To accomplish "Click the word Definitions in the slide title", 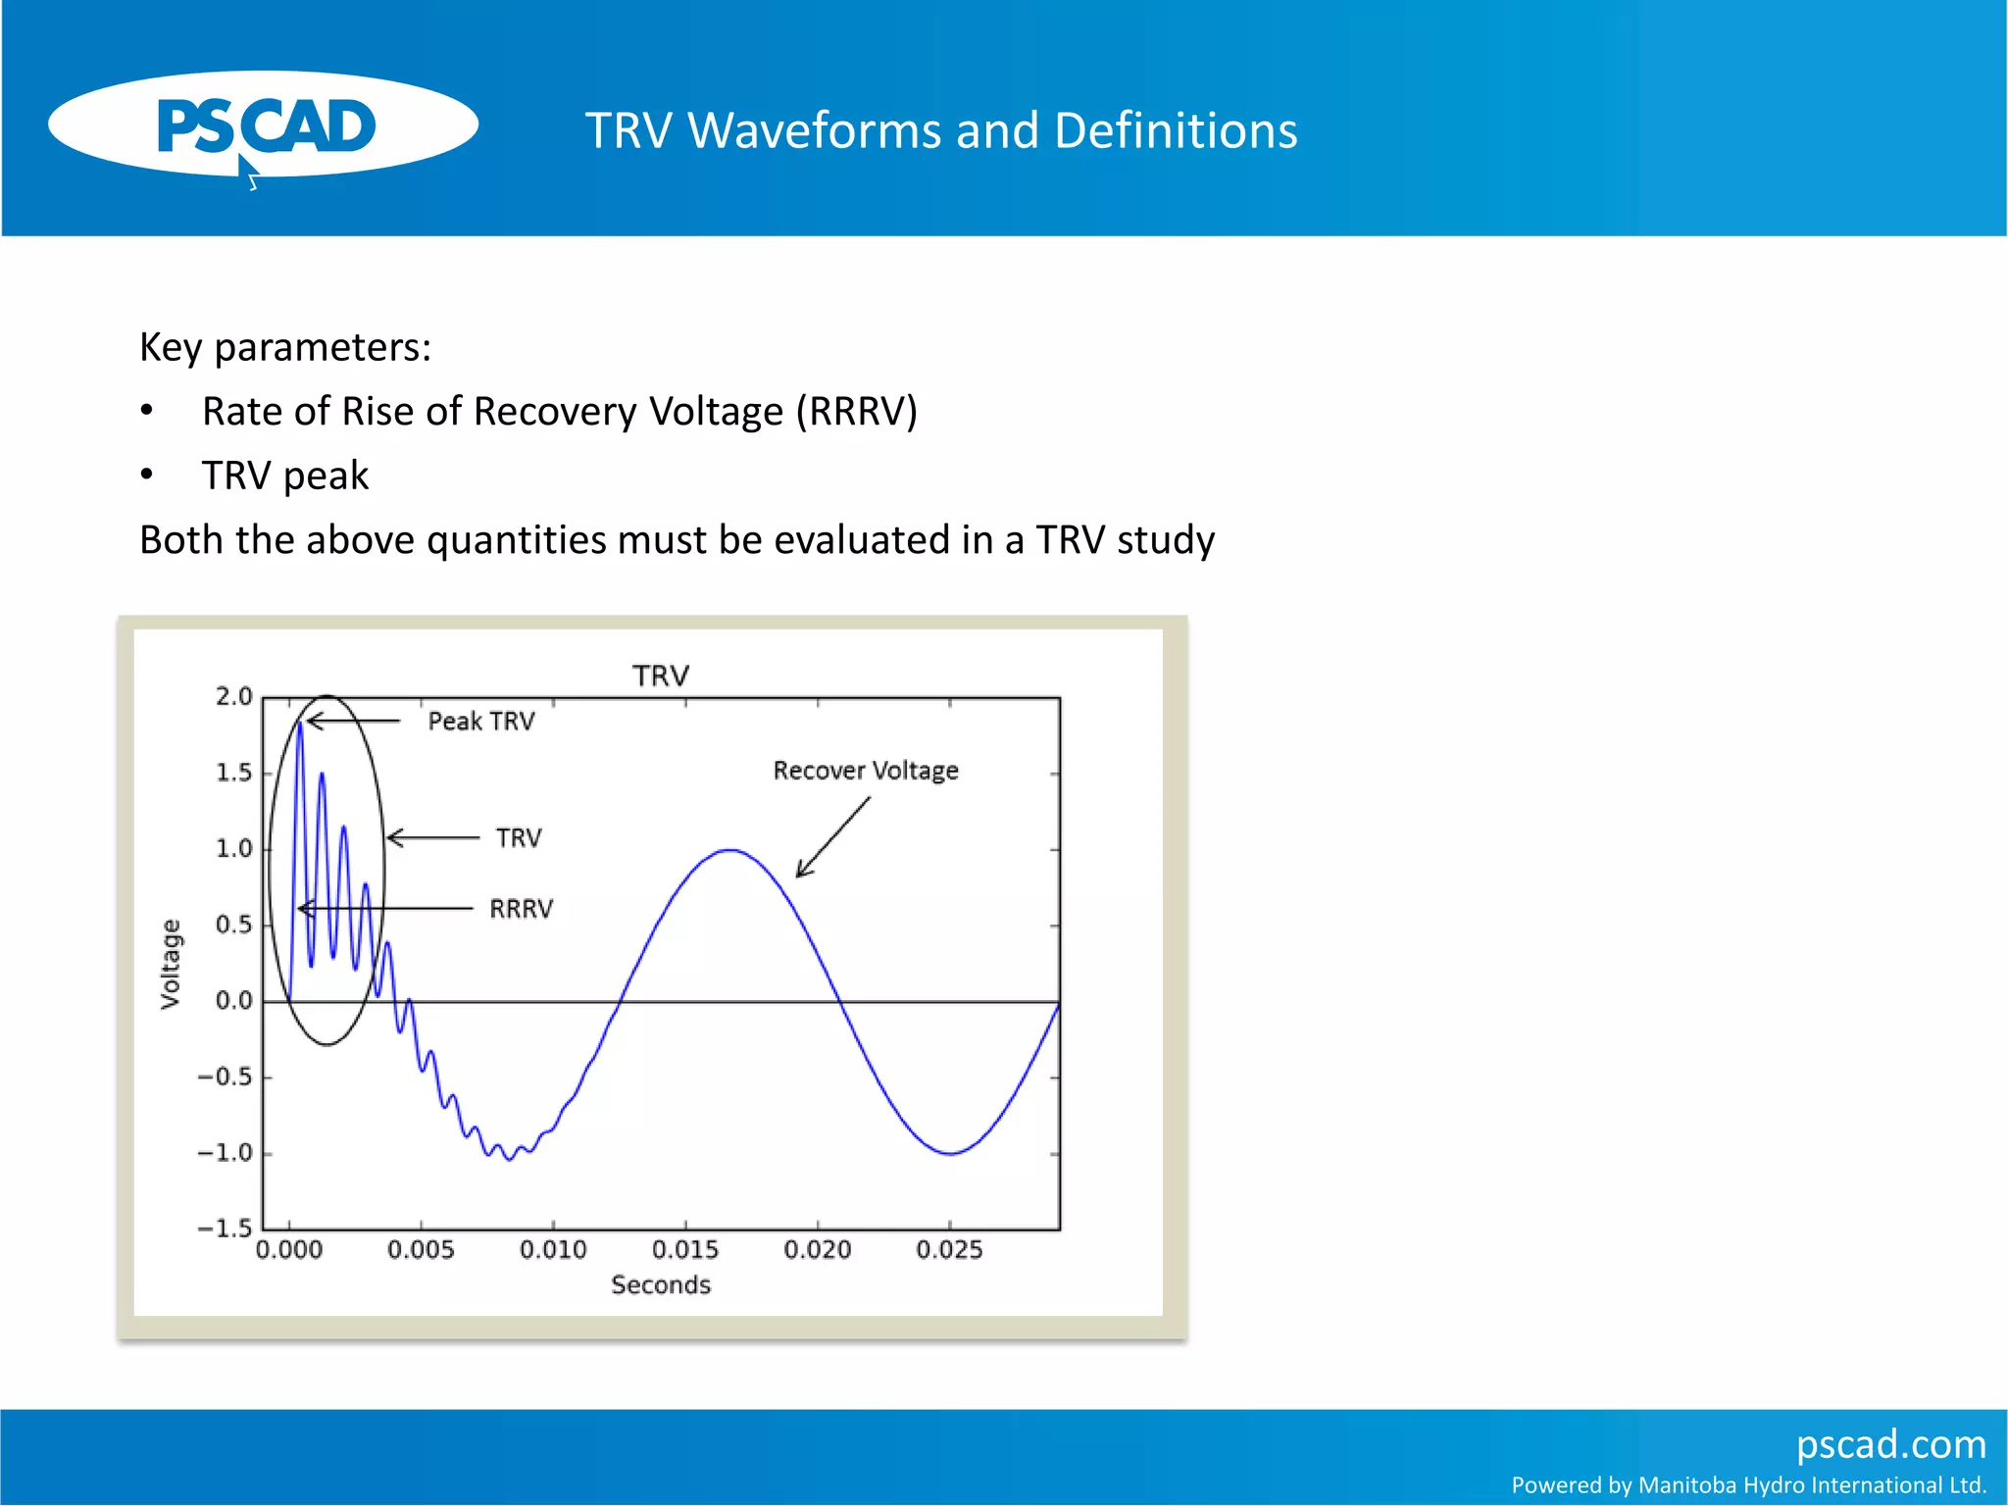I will click(x=1176, y=130).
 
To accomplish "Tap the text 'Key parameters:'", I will click(x=285, y=347).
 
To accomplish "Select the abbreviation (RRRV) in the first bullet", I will click(x=856, y=412).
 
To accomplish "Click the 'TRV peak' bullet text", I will click(x=285, y=476).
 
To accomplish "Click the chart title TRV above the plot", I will click(x=661, y=676).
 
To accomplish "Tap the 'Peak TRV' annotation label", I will click(x=481, y=722).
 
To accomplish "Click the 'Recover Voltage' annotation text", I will click(x=866, y=771).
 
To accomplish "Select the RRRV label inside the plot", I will click(x=521, y=909).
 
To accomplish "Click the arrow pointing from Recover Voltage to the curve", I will click(x=832, y=837).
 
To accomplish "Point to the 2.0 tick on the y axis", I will click(x=234, y=697).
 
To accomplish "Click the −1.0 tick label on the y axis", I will click(x=225, y=1153).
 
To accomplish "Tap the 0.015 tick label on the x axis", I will click(x=685, y=1250).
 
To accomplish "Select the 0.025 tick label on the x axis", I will click(x=949, y=1250).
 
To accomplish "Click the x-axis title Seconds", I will click(x=661, y=1285).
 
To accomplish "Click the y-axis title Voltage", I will click(x=171, y=964).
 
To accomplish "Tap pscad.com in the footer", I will click(x=1890, y=1444).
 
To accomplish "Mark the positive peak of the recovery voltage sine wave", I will click(x=729, y=850).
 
